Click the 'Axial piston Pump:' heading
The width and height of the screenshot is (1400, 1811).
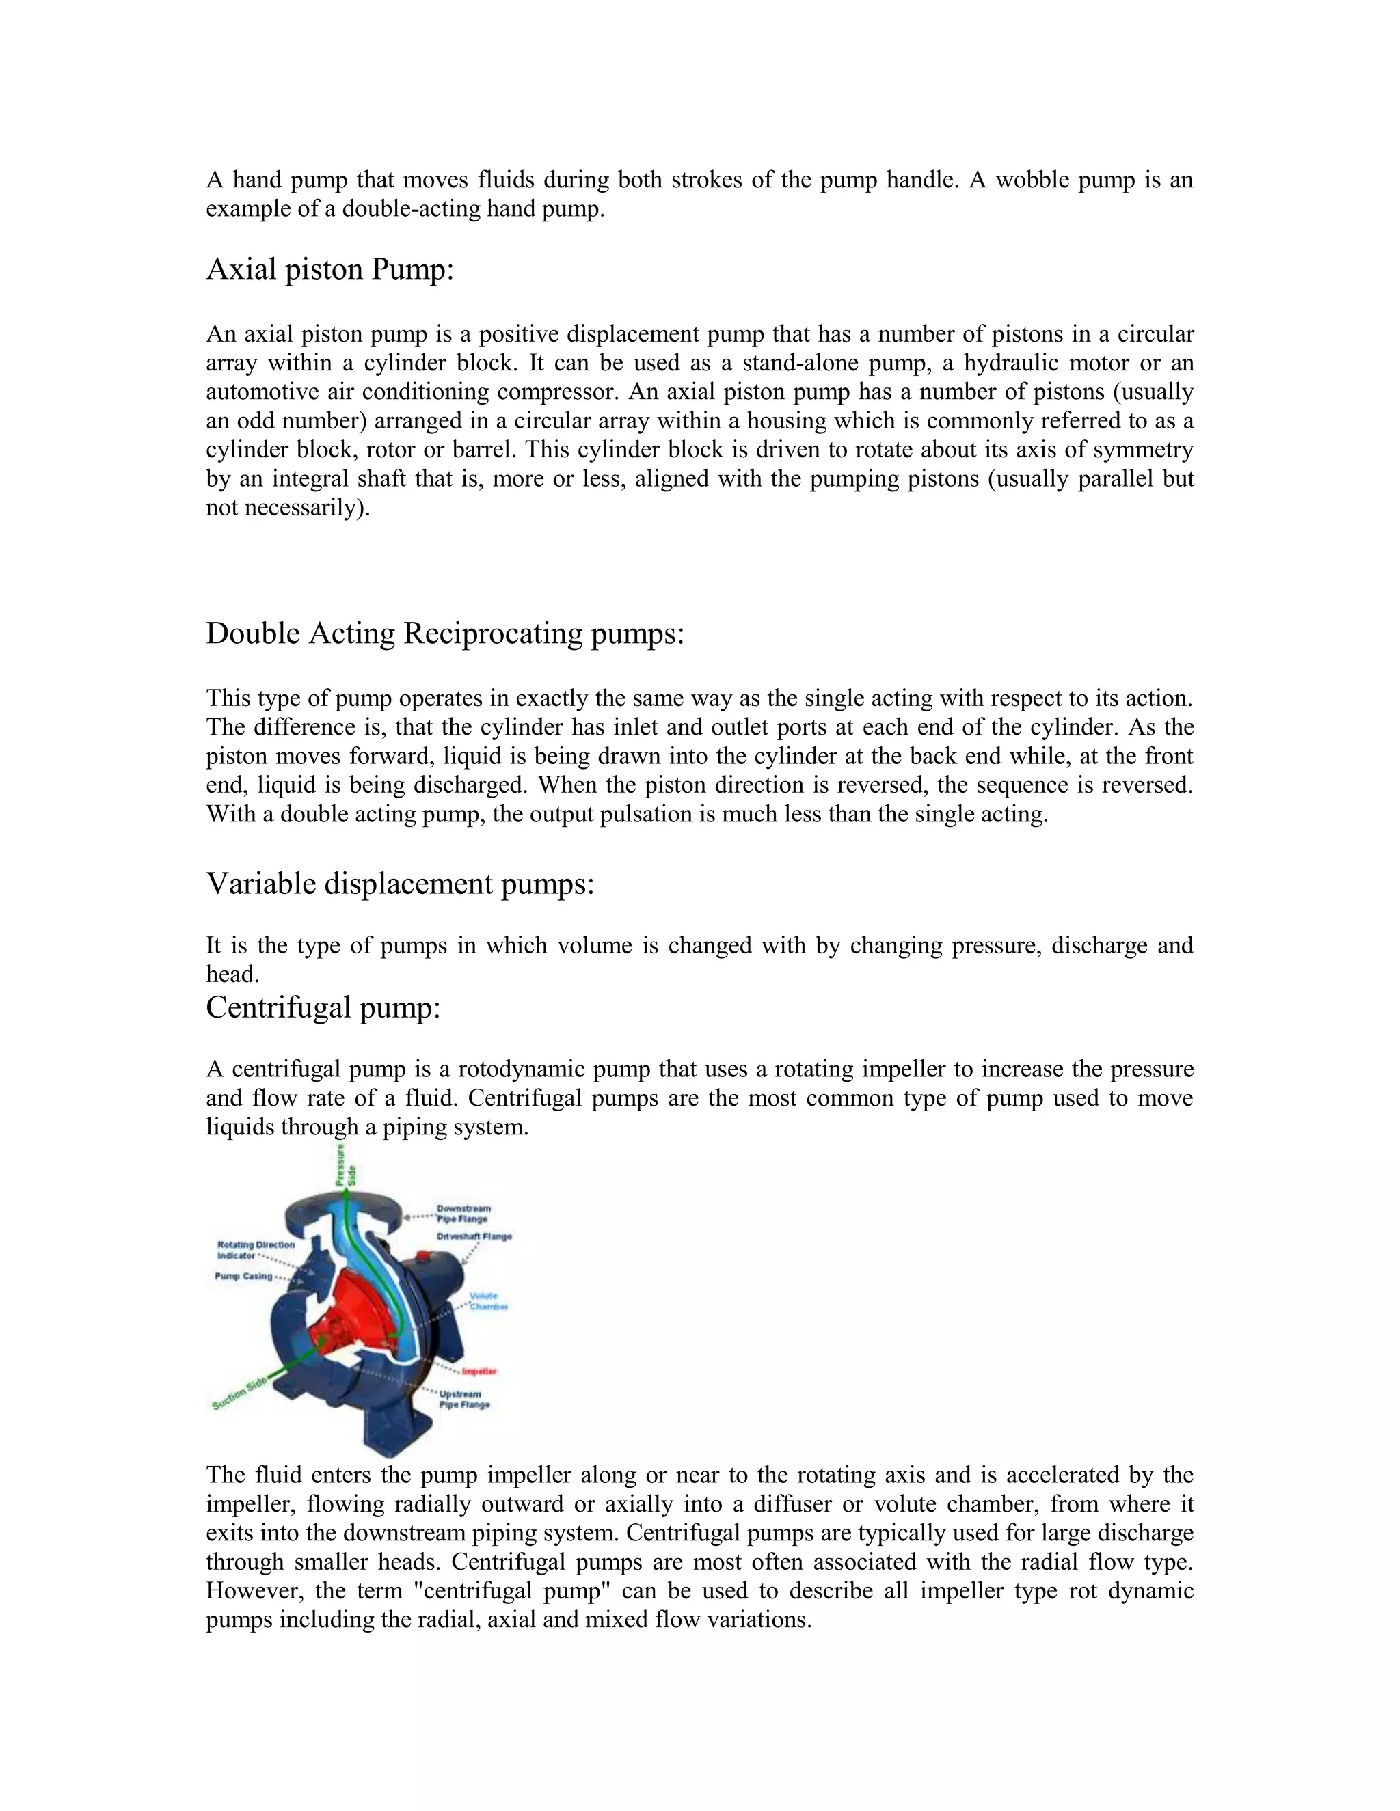[x=329, y=269]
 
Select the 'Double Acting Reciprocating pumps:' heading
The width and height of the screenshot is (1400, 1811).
[x=444, y=634]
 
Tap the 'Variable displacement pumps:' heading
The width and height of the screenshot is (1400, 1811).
[x=400, y=884]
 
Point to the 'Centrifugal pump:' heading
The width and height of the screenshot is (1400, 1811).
[x=323, y=1007]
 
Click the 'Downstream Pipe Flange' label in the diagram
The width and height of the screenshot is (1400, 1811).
[x=463, y=1213]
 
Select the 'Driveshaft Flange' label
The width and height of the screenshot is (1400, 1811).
[x=474, y=1236]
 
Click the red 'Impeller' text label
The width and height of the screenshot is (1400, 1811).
[x=479, y=1372]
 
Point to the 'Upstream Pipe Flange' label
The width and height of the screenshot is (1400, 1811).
[x=464, y=1399]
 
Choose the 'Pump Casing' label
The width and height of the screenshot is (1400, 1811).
[x=243, y=1276]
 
